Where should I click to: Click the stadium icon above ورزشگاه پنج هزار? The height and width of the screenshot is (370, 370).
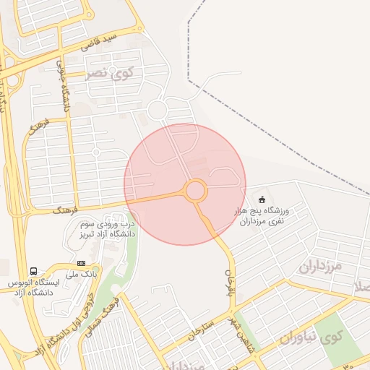coord(262,199)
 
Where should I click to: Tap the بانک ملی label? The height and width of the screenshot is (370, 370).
coord(80,275)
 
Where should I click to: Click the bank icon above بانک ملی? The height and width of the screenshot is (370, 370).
coord(81,263)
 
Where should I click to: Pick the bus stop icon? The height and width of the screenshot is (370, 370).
coord(33,271)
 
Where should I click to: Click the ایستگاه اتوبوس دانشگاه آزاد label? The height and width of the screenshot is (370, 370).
coord(33,286)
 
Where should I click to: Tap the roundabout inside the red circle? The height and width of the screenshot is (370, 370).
coord(195,192)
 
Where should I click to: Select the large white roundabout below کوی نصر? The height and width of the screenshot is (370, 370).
coord(157,110)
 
